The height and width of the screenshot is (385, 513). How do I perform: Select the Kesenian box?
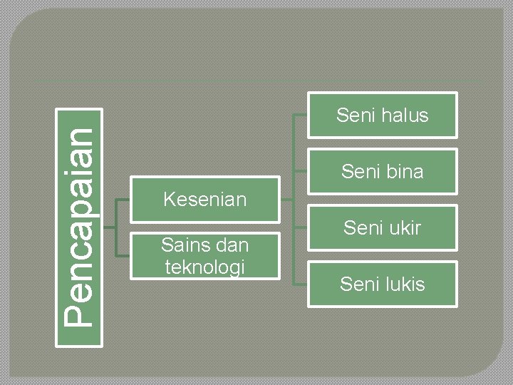tap(204, 199)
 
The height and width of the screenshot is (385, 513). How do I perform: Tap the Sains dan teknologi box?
tap(204, 255)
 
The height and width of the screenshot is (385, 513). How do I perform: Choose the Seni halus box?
tap(382, 115)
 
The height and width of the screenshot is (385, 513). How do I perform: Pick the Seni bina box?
tap(382, 171)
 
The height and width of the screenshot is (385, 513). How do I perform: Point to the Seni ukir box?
tap(382, 227)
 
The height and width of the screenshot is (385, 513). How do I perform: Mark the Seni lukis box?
tap(382, 284)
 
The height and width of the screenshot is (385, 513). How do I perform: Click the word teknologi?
tap(204, 267)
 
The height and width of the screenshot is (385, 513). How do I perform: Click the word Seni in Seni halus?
tap(355, 115)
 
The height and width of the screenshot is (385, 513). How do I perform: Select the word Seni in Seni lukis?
tap(359, 284)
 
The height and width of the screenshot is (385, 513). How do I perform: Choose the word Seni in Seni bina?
tap(360, 171)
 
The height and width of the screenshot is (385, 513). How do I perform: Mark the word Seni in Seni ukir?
tap(362, 227)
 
